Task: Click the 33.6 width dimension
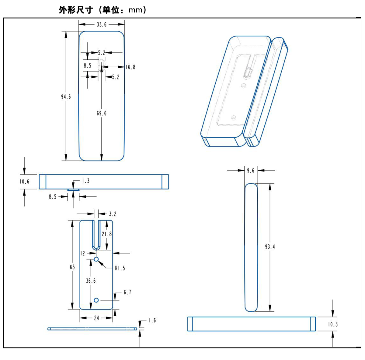[102, 24]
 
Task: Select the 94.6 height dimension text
[66, 97]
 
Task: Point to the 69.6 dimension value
[102, 113]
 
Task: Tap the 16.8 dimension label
[130, 67]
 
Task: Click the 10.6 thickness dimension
[24, 182]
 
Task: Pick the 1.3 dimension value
[86, 181]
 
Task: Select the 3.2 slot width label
[113, 214]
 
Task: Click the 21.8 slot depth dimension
[107, 234]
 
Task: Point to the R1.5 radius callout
[120, 268]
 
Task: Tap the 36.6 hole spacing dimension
[91, 281]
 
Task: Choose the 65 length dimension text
[72, 267]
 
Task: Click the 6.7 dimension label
[127, 292]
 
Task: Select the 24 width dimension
[96, 318]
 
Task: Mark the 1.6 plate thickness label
[152, 320]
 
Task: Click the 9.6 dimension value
[251, 171]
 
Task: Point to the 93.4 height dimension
[270, 247]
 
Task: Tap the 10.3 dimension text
[333, 324]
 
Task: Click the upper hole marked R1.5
[96, 259]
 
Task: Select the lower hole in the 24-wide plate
[96, 300]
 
